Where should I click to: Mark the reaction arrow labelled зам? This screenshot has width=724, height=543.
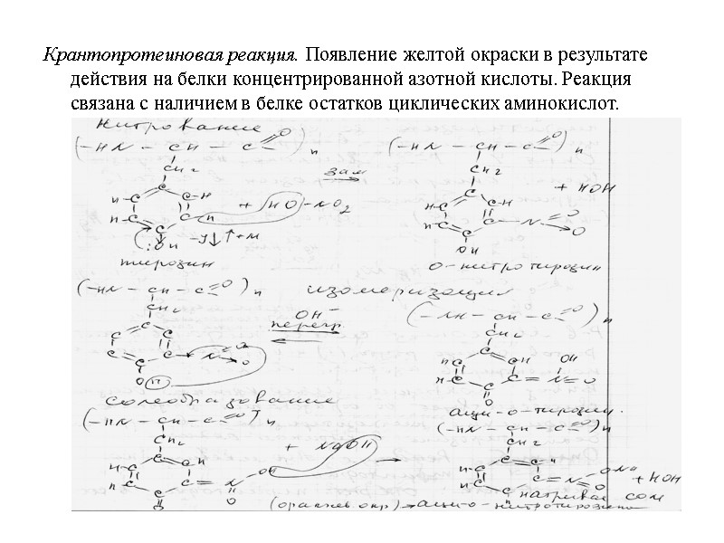pos(346,176)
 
